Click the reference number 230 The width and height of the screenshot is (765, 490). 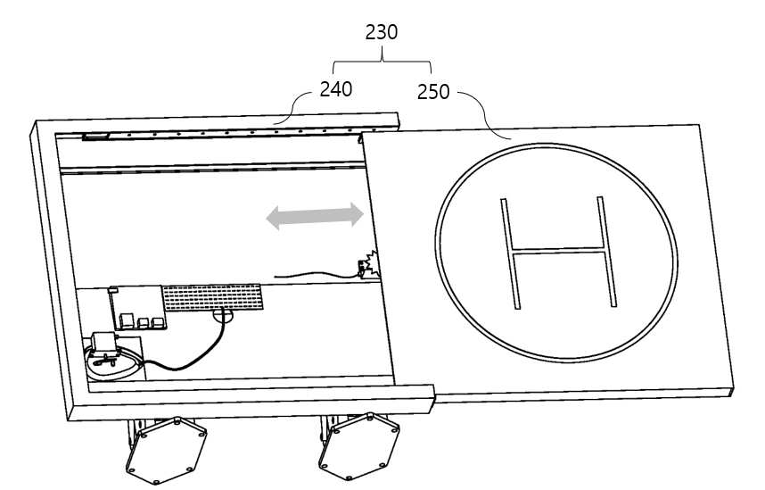click(x=381, y=32)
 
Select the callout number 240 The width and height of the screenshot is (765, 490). click(x=335, y=89)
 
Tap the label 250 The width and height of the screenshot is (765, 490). click(x=433, y=92)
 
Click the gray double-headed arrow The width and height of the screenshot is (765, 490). click(x=315, y=216)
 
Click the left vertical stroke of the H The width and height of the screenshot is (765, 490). click(x=510, y=253)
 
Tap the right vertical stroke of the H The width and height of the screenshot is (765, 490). click(x=606, y=252)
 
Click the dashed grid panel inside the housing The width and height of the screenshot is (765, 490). click(x=212, y=297)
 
